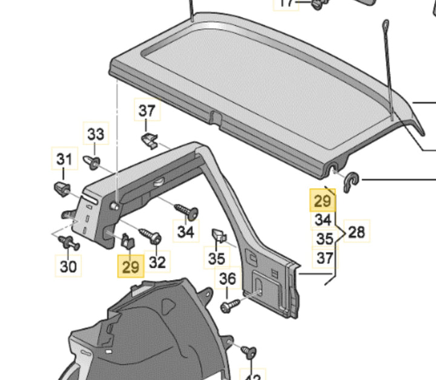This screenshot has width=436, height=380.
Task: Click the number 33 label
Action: [x=96, y=134]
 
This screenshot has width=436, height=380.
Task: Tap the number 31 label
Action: [x=64, y=159]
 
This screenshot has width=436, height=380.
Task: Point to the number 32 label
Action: [x=157, y=262]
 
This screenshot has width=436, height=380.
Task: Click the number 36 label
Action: [x=228, y=279]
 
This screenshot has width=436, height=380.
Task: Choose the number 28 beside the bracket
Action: [x=357, y=231]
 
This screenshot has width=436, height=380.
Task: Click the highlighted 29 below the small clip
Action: [x=131, y=265]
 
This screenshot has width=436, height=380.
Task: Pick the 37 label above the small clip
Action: [x=147, y=111]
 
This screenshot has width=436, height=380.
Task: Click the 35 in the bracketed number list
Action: [x=325, y=238]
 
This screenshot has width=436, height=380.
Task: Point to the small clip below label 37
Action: [x=149, y=141]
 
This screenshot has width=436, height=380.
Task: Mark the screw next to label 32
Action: [x=148, y=234]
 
